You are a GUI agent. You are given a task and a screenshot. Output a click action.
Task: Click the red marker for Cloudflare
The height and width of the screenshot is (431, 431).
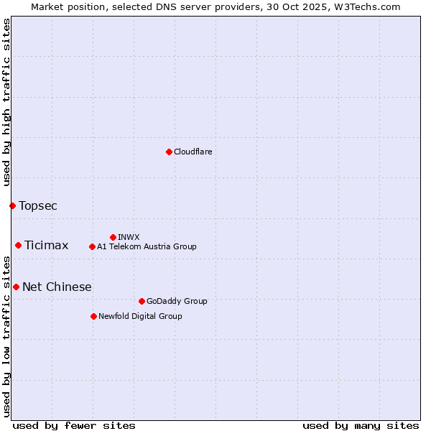[x=169, y=152]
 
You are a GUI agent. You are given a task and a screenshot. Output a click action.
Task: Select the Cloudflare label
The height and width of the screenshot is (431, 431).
[x=193, y=152]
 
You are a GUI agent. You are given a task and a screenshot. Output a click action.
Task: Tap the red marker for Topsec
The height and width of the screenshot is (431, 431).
[x=12, y=205]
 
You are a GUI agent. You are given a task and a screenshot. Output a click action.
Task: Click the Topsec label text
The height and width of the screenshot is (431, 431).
[x=38, y=206]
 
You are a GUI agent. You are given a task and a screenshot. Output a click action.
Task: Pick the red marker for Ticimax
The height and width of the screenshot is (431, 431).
[x=18, y=245]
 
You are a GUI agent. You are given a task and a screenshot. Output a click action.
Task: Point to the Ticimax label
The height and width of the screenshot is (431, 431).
[x=47, y=246]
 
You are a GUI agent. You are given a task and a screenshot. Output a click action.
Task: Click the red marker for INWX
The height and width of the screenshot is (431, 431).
[x=113, y=237]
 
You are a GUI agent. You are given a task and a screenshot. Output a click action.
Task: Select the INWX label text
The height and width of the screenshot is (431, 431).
[x=129, y=237]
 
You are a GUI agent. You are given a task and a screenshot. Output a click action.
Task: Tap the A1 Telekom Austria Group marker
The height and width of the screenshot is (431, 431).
[x=92, y=246]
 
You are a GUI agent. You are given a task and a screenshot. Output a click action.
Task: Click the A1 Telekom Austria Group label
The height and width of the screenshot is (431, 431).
[x=147, y=246]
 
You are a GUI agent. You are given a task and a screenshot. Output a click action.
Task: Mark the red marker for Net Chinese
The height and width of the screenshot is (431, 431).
[x=16, y=287]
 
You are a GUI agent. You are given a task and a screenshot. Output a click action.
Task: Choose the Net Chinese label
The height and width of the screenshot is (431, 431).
[x=57, y=287]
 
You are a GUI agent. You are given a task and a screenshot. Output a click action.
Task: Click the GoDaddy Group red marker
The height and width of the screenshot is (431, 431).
[x=142, y=301]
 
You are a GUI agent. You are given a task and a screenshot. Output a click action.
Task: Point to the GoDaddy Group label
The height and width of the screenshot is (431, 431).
[x=177, y=301]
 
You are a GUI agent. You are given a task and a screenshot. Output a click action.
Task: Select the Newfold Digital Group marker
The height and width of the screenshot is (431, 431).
[x=93, y=316]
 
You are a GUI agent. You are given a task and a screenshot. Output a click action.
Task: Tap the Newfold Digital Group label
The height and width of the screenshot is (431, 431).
[x=140, y=316]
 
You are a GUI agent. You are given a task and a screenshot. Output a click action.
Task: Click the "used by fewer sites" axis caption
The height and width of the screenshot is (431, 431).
[x=74, y=425]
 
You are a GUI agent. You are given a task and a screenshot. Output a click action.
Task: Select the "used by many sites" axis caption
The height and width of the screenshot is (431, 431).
[x=361, y=425]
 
